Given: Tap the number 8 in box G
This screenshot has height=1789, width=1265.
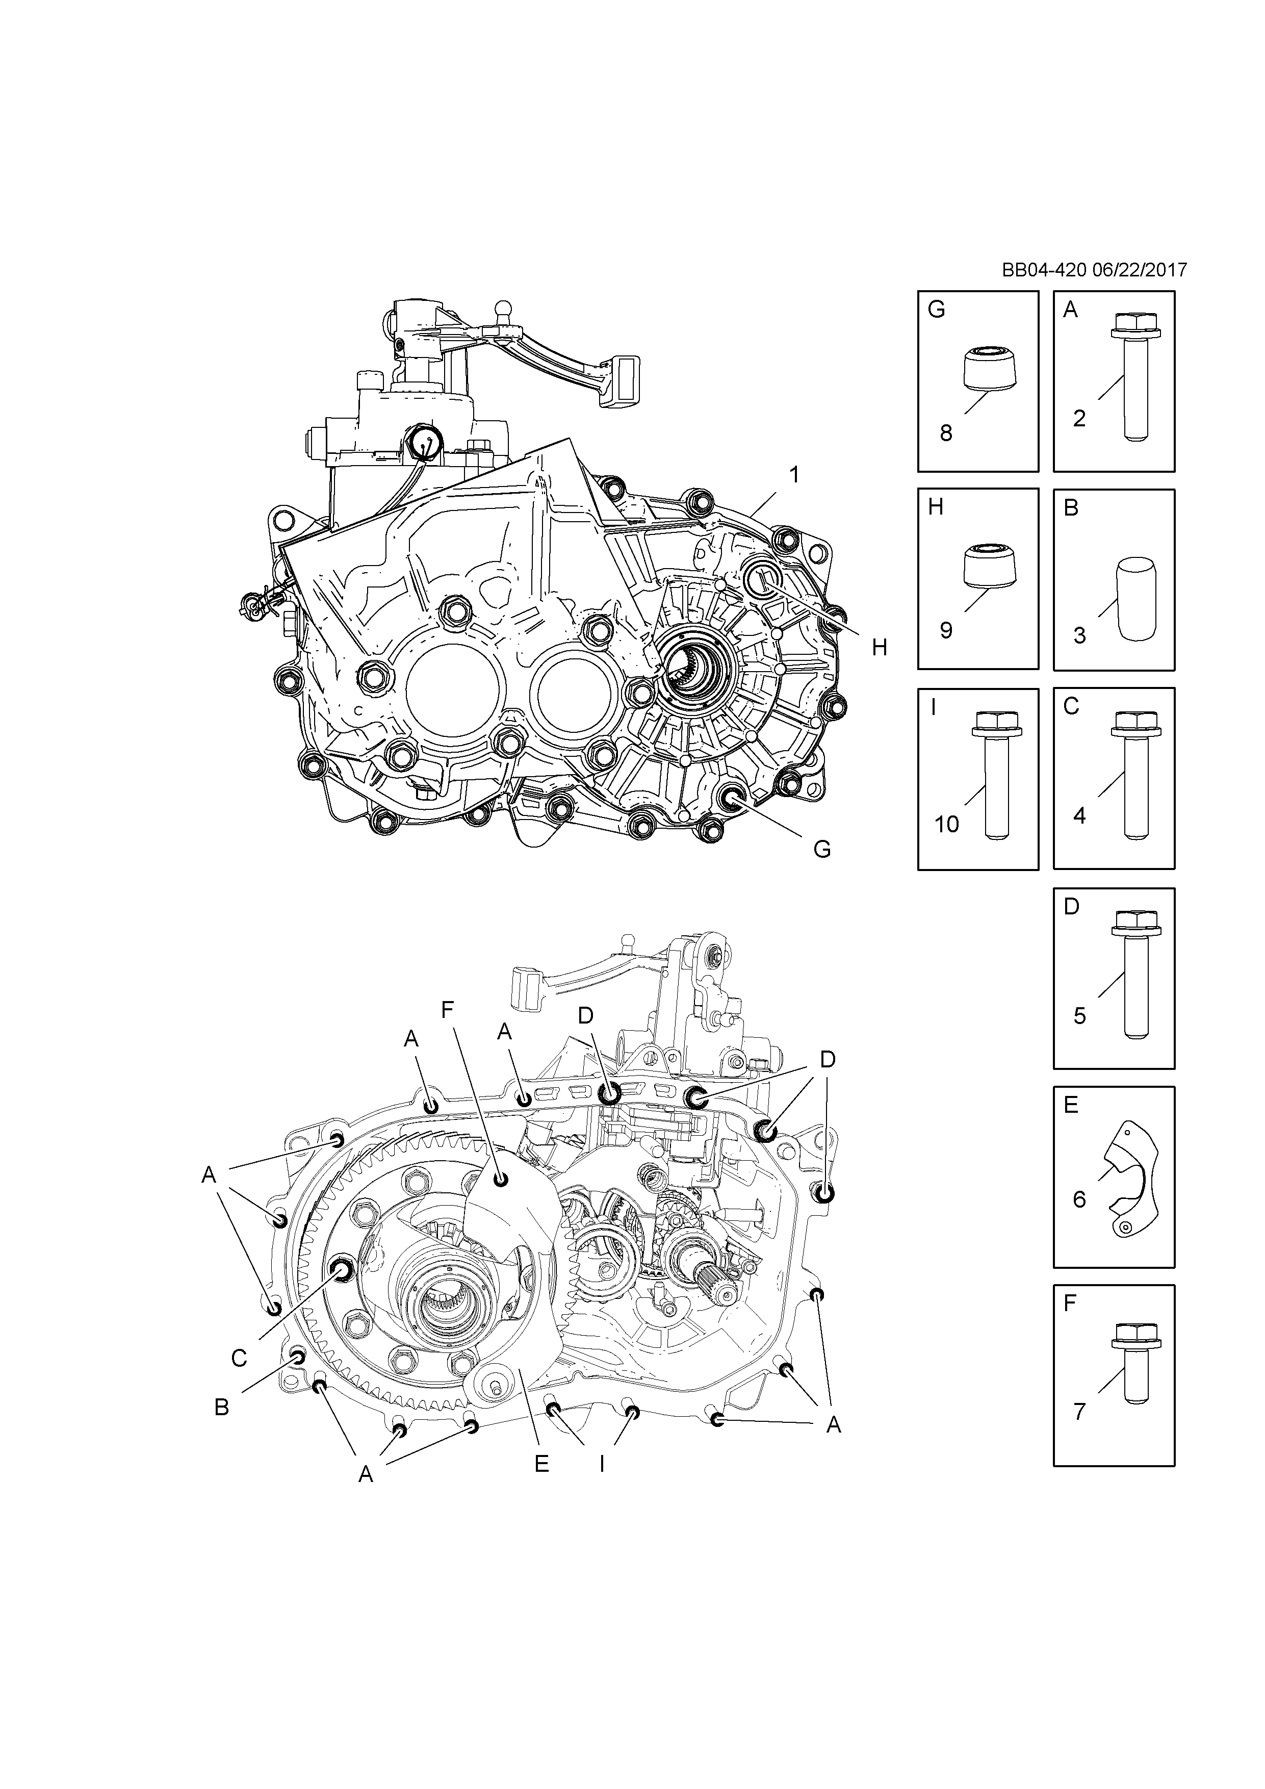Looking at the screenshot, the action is tap(946, 432).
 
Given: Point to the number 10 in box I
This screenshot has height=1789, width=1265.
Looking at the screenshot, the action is tap(946, 824).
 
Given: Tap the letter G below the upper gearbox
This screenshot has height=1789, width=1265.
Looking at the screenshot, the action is tap(822, 849).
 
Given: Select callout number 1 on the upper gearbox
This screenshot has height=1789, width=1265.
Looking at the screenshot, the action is tap(794, 474).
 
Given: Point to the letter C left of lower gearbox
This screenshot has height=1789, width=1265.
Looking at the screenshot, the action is tap(239, 1358).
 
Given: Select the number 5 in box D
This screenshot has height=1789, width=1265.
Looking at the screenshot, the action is tap(1079, 1015).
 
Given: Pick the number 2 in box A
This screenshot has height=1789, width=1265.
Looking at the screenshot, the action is tap(1079, 418).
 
